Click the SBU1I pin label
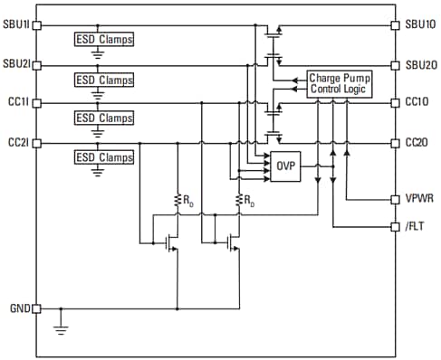[x=16, y=25]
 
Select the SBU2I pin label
[x=16, y=64]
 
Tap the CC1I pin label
[x=16, y=103]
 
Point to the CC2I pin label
[x=16, y=143]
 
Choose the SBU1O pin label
[x=421, y=25]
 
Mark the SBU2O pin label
[x=421, y=64]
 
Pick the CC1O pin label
[x=417, y=103]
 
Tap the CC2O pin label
[x=417, y=143]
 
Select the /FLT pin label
[x=415, y=226]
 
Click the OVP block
[x=285, y=167]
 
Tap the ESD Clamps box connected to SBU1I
[x=103, y=40]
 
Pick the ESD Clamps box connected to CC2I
[x=103, y=157]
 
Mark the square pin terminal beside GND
[x=36, y=308]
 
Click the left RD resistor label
[x=187, y=201]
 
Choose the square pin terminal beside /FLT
[x=395, y=226]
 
